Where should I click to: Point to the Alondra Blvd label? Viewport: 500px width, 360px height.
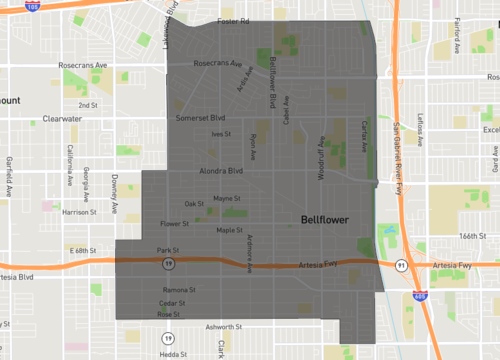(222, 171)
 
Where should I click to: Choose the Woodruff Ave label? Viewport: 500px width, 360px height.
(323, 160)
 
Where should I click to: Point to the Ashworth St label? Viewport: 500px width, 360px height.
(224, 326)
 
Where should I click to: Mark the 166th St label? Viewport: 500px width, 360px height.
(473, 236)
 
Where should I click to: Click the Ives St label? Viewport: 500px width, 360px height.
(220, 134)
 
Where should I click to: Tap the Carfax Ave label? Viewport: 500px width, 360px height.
(365, 135)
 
